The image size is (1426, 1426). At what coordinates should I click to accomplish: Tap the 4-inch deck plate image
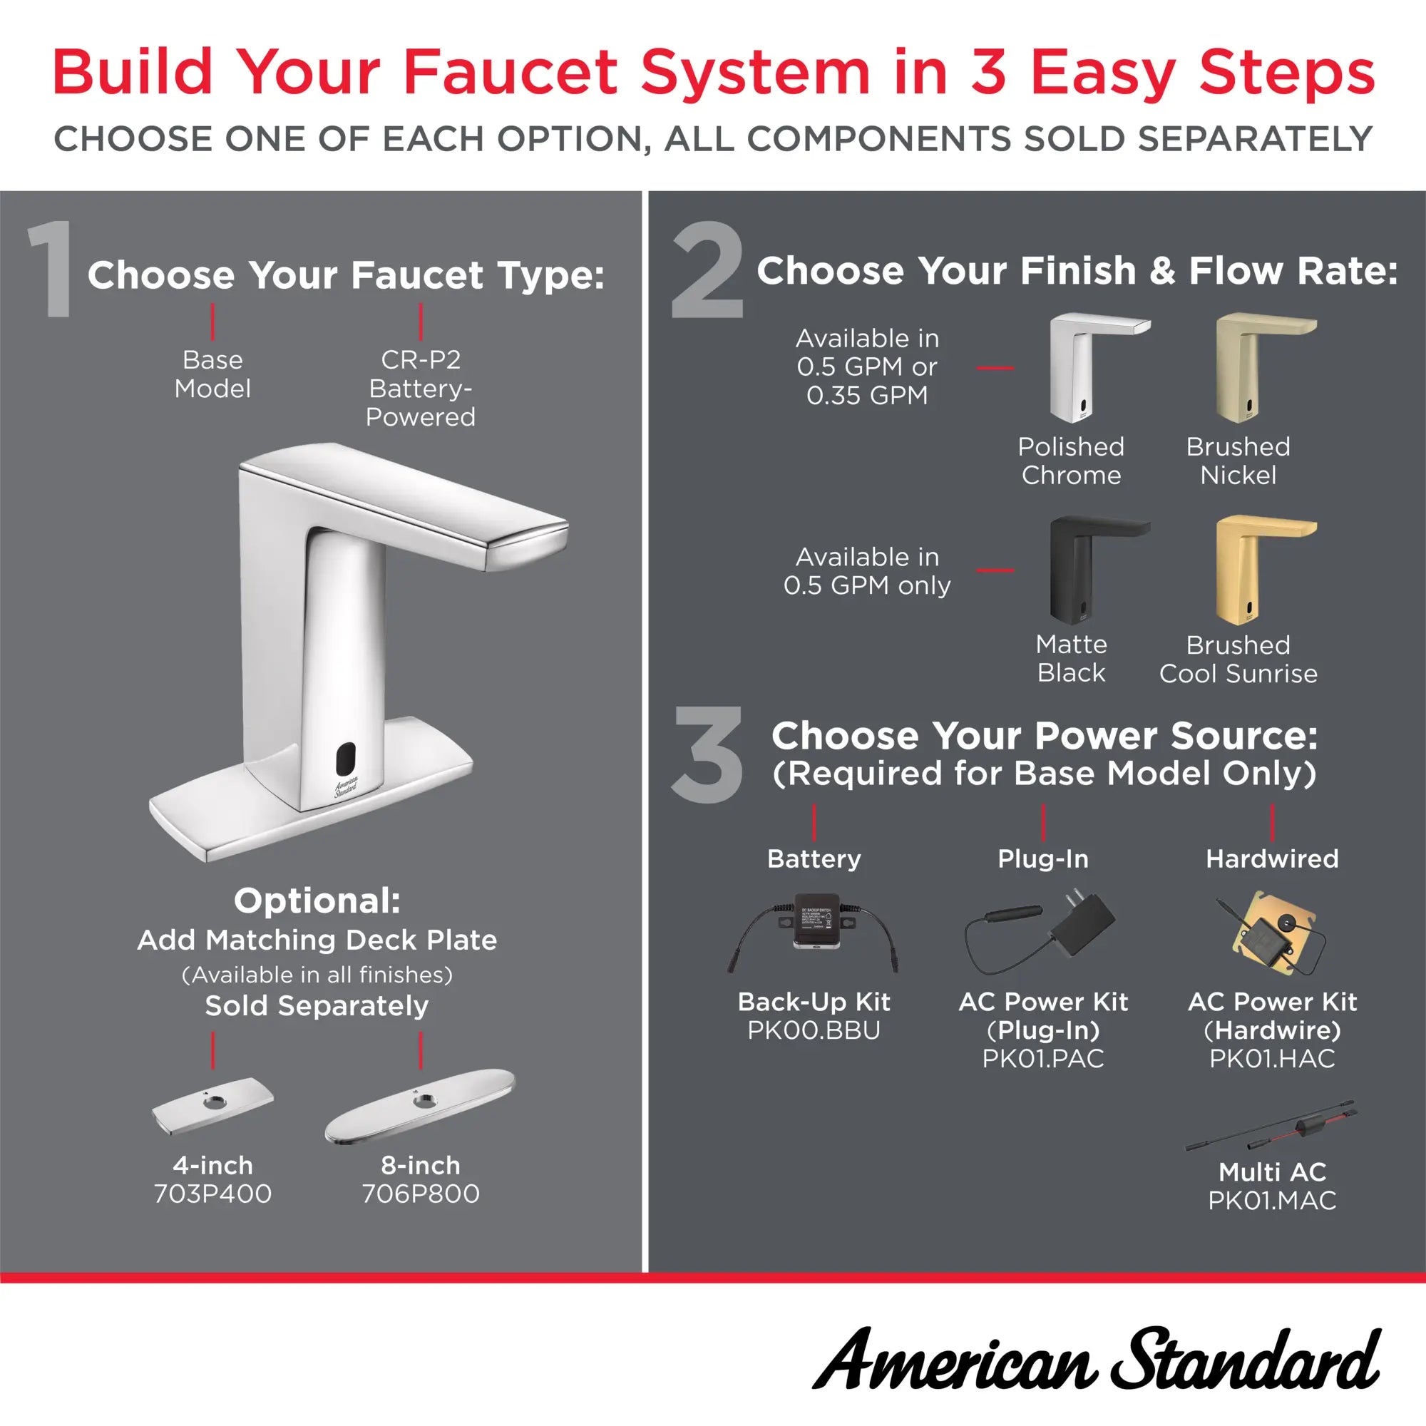click(x=212, y=1104)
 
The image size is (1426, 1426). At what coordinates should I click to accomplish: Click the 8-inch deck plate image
click(x=420, y=1104)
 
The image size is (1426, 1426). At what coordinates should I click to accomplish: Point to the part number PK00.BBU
click(x=814, y=1030)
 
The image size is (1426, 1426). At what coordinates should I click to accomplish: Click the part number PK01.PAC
click(x=1043, y=1057)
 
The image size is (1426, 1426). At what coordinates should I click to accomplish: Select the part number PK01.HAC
click(x=1272, y=1057)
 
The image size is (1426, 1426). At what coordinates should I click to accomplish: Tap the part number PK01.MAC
click(x=1272, y=1199)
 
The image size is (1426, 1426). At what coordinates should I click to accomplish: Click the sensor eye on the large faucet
click(x=345, y=756)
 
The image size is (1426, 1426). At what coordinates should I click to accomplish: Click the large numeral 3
click(x=707, y=754)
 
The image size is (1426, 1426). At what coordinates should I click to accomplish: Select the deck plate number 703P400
click(x=212, y=1194)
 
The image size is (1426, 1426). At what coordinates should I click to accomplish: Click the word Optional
click(x=317, y=901)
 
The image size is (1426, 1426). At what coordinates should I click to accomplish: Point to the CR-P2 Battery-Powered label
click(x=420, y=389)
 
